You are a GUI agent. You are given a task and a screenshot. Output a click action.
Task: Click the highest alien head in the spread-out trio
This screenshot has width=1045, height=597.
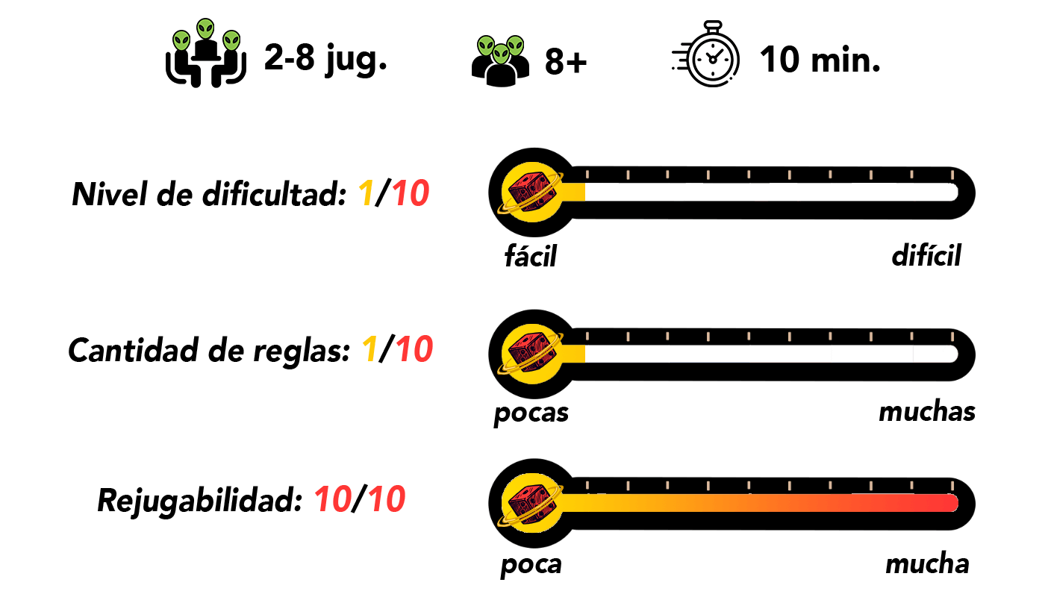tap(205, 29)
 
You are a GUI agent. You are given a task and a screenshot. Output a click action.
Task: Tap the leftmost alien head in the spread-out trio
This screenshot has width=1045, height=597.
tap(181, 41)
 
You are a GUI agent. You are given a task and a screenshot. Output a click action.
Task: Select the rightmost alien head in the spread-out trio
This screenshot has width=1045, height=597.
tap(231, 41)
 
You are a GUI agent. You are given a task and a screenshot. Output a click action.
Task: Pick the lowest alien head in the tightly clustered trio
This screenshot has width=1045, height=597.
tap(501, 54)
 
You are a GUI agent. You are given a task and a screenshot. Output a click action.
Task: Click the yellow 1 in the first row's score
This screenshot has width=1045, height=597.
tap(366, 194)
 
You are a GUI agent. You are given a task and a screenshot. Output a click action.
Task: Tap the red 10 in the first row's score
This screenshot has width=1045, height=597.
tap(411, 194)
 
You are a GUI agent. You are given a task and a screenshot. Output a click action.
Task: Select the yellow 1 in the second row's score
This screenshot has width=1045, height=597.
tap(369, 349)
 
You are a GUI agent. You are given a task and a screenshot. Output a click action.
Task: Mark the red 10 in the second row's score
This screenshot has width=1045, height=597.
tap(414, 349)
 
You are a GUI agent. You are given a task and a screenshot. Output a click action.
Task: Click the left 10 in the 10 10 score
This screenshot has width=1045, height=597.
tap(333, 499)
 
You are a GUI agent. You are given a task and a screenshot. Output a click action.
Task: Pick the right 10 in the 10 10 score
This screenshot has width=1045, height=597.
tap(387, 499)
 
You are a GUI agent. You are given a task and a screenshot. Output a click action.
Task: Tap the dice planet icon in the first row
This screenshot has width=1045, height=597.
tap(531, 193)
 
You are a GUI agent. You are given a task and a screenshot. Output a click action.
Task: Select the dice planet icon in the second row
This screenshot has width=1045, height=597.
tap(531, 354)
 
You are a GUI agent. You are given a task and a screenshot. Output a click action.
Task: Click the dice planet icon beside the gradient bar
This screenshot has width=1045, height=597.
tap(531, 503)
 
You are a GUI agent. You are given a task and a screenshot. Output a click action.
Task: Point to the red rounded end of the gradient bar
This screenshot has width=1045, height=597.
tap(949, 503)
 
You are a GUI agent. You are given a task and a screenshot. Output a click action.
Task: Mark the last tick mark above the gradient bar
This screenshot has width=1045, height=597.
tap(952, 486)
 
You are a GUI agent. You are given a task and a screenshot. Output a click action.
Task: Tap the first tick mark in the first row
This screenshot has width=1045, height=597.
tap(587, 175)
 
